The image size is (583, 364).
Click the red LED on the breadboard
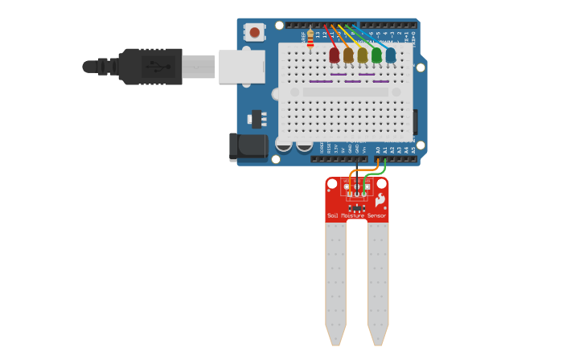335,55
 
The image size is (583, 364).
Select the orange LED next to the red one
348,55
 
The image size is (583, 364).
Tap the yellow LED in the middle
363,55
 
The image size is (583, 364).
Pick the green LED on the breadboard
376,55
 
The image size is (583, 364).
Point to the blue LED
391,55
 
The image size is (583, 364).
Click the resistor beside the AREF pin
310,38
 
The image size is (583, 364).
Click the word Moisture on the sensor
353,215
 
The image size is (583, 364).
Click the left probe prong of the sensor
335,281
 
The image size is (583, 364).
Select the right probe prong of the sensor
378,281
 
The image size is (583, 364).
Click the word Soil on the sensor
333,215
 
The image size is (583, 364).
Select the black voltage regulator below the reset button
257,118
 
